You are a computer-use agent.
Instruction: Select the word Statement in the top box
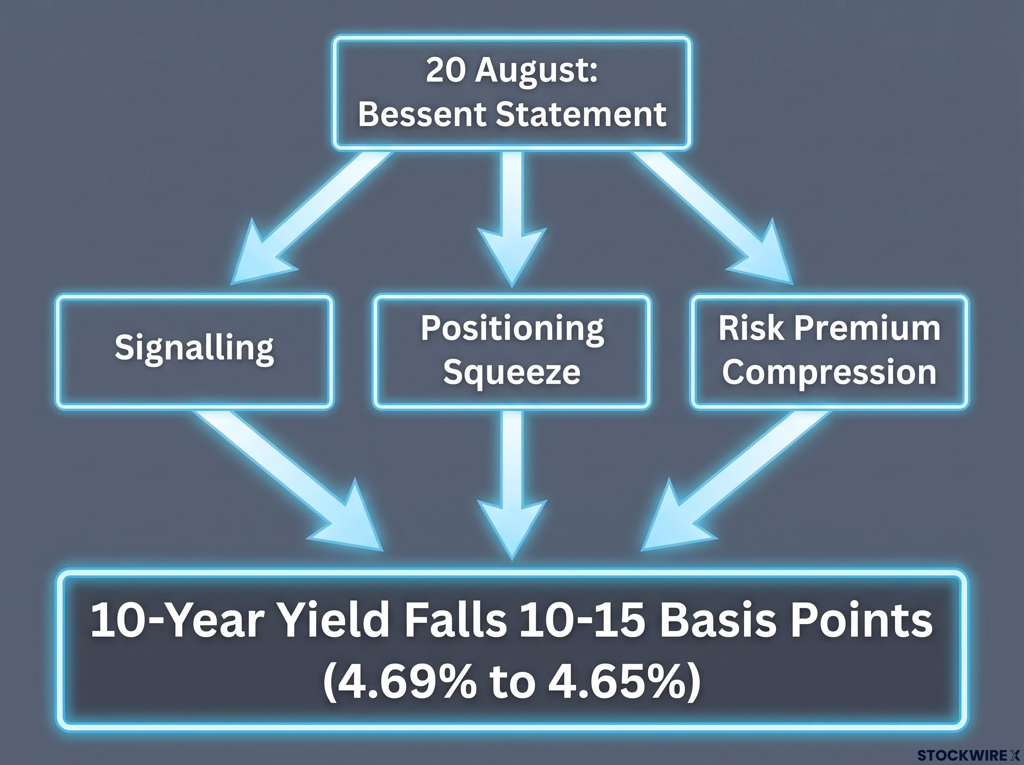coord(581,114)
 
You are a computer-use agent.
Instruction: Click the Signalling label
coord(194,349)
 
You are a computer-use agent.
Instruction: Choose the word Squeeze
coord(512,372)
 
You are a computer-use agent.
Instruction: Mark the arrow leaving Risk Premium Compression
coord(736,481)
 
